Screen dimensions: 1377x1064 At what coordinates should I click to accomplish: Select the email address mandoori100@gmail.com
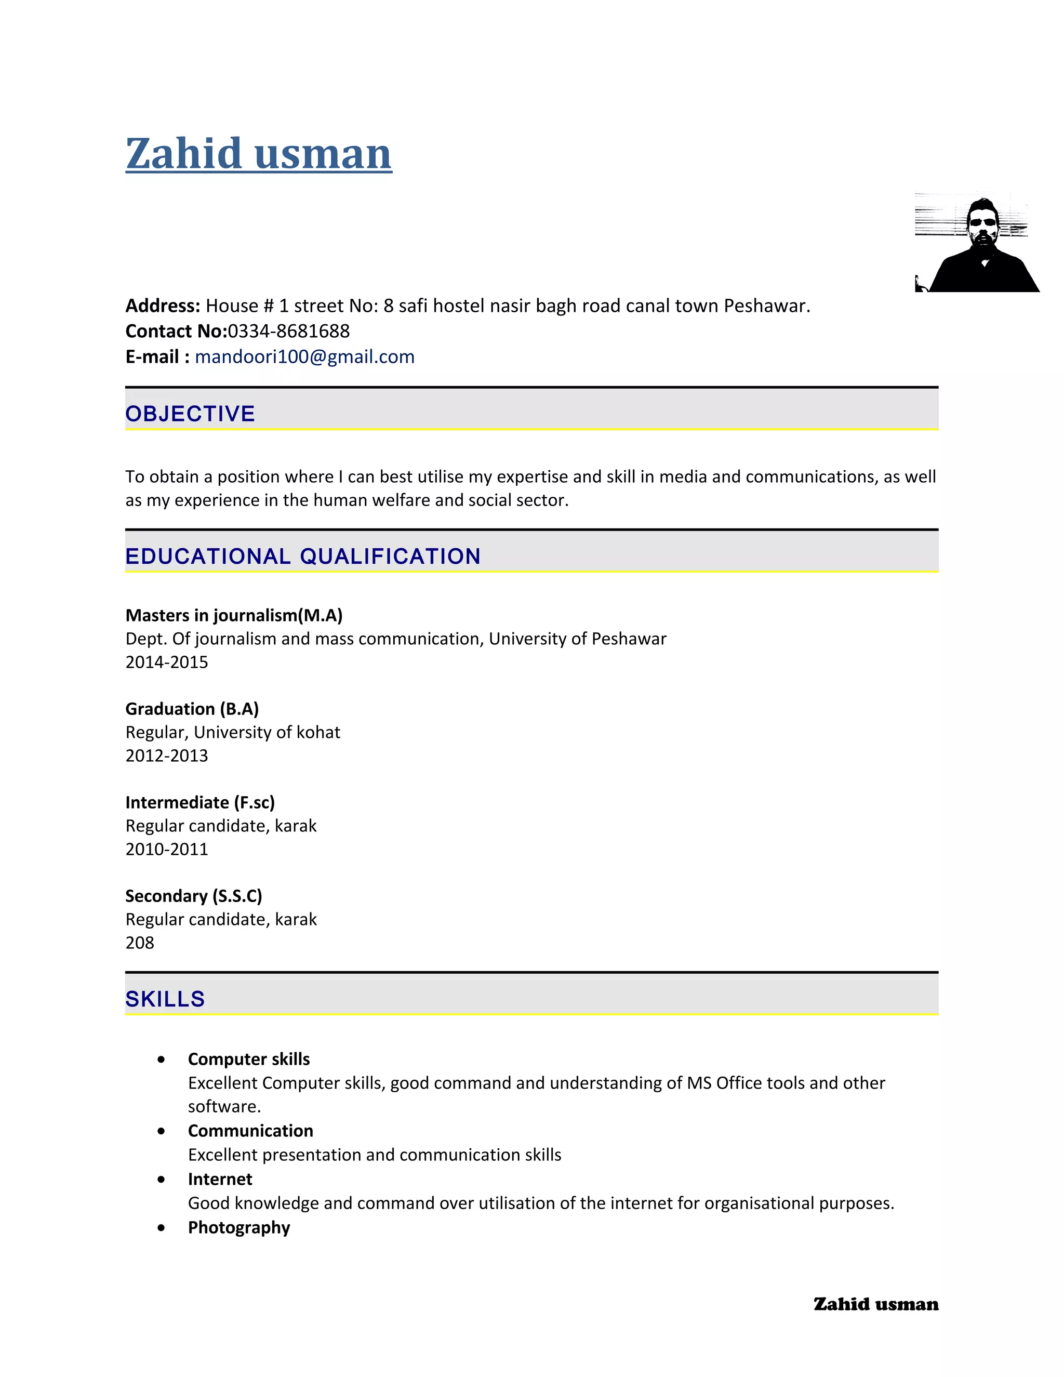tap(304, 357)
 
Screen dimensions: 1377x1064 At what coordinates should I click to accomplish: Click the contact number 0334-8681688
tap(289, 331)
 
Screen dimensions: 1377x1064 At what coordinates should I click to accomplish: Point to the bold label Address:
tap(163, 306)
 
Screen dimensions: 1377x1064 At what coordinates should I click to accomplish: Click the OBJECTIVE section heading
tap(190, 414)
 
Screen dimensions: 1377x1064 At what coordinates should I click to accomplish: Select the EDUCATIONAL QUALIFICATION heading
tap(302, 556)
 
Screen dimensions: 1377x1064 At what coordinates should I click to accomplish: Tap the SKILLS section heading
tap(165, 999)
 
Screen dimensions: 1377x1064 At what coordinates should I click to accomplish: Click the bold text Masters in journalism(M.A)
tap(234, 615)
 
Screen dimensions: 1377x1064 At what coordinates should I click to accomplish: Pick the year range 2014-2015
tap(166, 662)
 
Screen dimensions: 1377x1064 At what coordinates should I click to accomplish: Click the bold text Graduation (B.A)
tap(192, 709)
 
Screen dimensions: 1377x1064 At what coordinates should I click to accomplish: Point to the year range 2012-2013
tap(166, 756)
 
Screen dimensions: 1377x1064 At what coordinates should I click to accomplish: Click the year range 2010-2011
tap(166, 849)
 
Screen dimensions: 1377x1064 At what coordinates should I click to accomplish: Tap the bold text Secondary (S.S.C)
tap(193, 896)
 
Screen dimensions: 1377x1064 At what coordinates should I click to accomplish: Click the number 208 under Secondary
tap(139, 943)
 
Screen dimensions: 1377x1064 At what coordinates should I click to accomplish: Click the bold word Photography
tap(239, 1227)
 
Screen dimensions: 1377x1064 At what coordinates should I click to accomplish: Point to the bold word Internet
tap(220, 1179)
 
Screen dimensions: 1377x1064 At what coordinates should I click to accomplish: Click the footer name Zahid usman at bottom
tap(875, 1304)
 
